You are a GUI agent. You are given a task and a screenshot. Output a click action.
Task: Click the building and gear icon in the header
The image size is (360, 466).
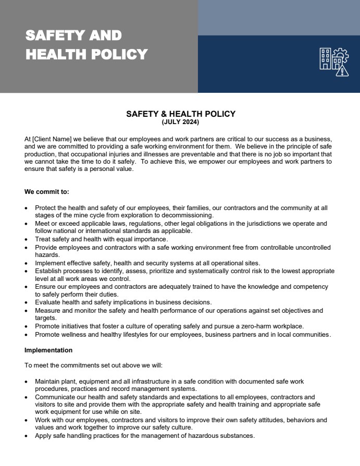point(334,62)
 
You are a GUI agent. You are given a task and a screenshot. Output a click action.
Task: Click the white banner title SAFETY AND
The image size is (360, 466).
point(73,35)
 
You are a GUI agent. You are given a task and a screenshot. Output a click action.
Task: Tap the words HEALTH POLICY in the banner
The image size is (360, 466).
point(86,54)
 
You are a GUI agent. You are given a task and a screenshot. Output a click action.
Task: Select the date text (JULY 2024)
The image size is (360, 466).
point(180,122)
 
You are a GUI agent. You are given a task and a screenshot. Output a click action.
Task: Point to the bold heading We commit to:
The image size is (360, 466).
point(47,192)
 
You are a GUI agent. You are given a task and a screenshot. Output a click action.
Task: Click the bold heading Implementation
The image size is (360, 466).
point(48,350)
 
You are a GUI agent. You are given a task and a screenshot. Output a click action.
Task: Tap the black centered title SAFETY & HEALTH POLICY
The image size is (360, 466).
point(180,114)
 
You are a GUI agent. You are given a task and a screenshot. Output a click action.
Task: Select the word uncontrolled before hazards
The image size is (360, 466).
point(307,248)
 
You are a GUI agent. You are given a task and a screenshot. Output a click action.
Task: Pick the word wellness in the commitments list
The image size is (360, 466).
point(73,334)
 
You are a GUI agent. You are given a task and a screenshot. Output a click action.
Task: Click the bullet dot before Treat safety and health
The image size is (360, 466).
point(27,240)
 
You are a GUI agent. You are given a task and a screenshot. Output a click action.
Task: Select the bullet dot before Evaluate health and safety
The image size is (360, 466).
point(27,303)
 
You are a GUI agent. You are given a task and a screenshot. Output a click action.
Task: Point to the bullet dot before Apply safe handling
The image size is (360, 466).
point(27,436)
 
